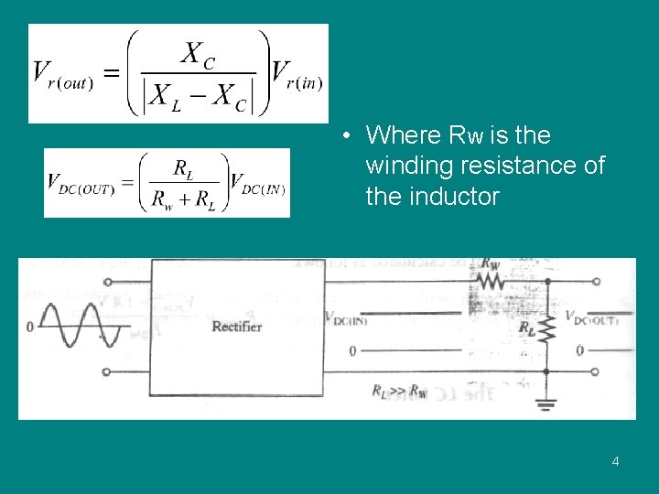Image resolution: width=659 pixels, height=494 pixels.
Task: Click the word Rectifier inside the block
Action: click(237, 327)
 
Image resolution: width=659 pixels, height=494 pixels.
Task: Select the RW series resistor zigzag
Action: click(492, 282)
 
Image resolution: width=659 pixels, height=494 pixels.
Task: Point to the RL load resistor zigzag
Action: click(546, 327)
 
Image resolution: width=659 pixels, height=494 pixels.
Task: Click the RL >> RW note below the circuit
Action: click(399, 391)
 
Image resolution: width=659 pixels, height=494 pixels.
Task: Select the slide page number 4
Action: click(615, 461)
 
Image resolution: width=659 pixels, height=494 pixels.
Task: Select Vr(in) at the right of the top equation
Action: click(297, 73)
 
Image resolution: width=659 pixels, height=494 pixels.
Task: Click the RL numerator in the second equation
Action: click(183, 168)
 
